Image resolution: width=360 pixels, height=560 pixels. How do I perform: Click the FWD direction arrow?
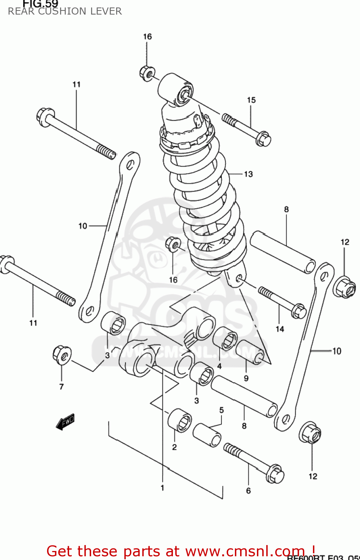click(x=65, y=422)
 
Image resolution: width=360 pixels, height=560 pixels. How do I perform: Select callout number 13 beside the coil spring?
click(x=248, y=174)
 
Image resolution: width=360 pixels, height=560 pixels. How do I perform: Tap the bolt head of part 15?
click(x=263, y=139)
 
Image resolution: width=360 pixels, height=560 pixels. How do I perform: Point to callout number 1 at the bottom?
click(x=162, y=488)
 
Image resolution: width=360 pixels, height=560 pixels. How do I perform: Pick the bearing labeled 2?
click(x=180, y=421)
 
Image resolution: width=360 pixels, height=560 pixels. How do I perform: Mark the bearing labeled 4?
click(x=225, y=338)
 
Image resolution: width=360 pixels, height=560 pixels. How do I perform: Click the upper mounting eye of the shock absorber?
click(x=176, y=89)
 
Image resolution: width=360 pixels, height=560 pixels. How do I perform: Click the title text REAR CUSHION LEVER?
click(x=65, y=11)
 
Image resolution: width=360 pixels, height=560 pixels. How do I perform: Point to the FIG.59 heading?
click(x=40, y=4)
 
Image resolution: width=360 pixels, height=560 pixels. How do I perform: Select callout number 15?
click(x=251, y=100)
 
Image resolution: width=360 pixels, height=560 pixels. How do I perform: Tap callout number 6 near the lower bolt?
click(x=248, y=491)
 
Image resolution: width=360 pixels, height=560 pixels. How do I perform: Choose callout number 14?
click(x=280, y=329)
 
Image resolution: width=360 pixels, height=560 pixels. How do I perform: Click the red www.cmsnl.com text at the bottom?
click(x=181, y=551)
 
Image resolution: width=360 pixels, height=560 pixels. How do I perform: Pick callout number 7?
click(x=62, y=387)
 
